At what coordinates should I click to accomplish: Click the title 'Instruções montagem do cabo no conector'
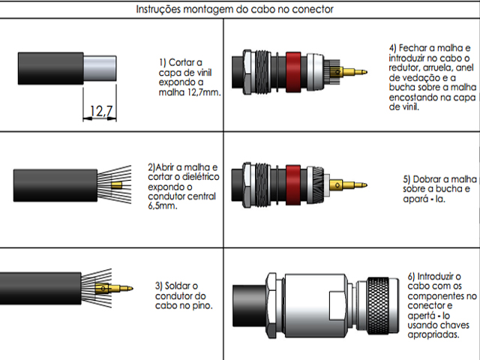click(x=235, y=10)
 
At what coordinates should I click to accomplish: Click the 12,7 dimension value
click(x=101, y=112)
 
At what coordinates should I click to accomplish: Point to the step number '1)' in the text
click(x=164, y=61)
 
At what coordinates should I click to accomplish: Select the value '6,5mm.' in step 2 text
click(x=163, y=205)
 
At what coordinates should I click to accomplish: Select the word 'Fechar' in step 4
click(x=415, y=46)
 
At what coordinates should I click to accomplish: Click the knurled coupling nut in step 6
click(x=382, y=304)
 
